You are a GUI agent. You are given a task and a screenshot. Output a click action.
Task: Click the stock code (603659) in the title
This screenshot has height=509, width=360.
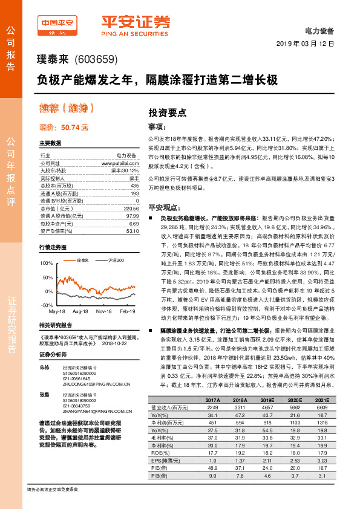tap(95, 60)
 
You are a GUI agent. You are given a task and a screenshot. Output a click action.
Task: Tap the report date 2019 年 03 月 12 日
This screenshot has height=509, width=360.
tap(309, 45)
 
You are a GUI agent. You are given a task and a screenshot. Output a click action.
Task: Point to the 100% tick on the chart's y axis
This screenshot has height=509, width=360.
tap(46, 264)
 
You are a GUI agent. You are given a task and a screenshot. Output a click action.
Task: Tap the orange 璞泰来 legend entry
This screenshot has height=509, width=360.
tap(82, 260)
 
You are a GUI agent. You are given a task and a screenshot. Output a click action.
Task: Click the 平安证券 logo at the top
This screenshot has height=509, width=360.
tap(135, 25)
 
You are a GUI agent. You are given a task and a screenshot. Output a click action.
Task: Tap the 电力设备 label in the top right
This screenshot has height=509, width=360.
tap(321, 29)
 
